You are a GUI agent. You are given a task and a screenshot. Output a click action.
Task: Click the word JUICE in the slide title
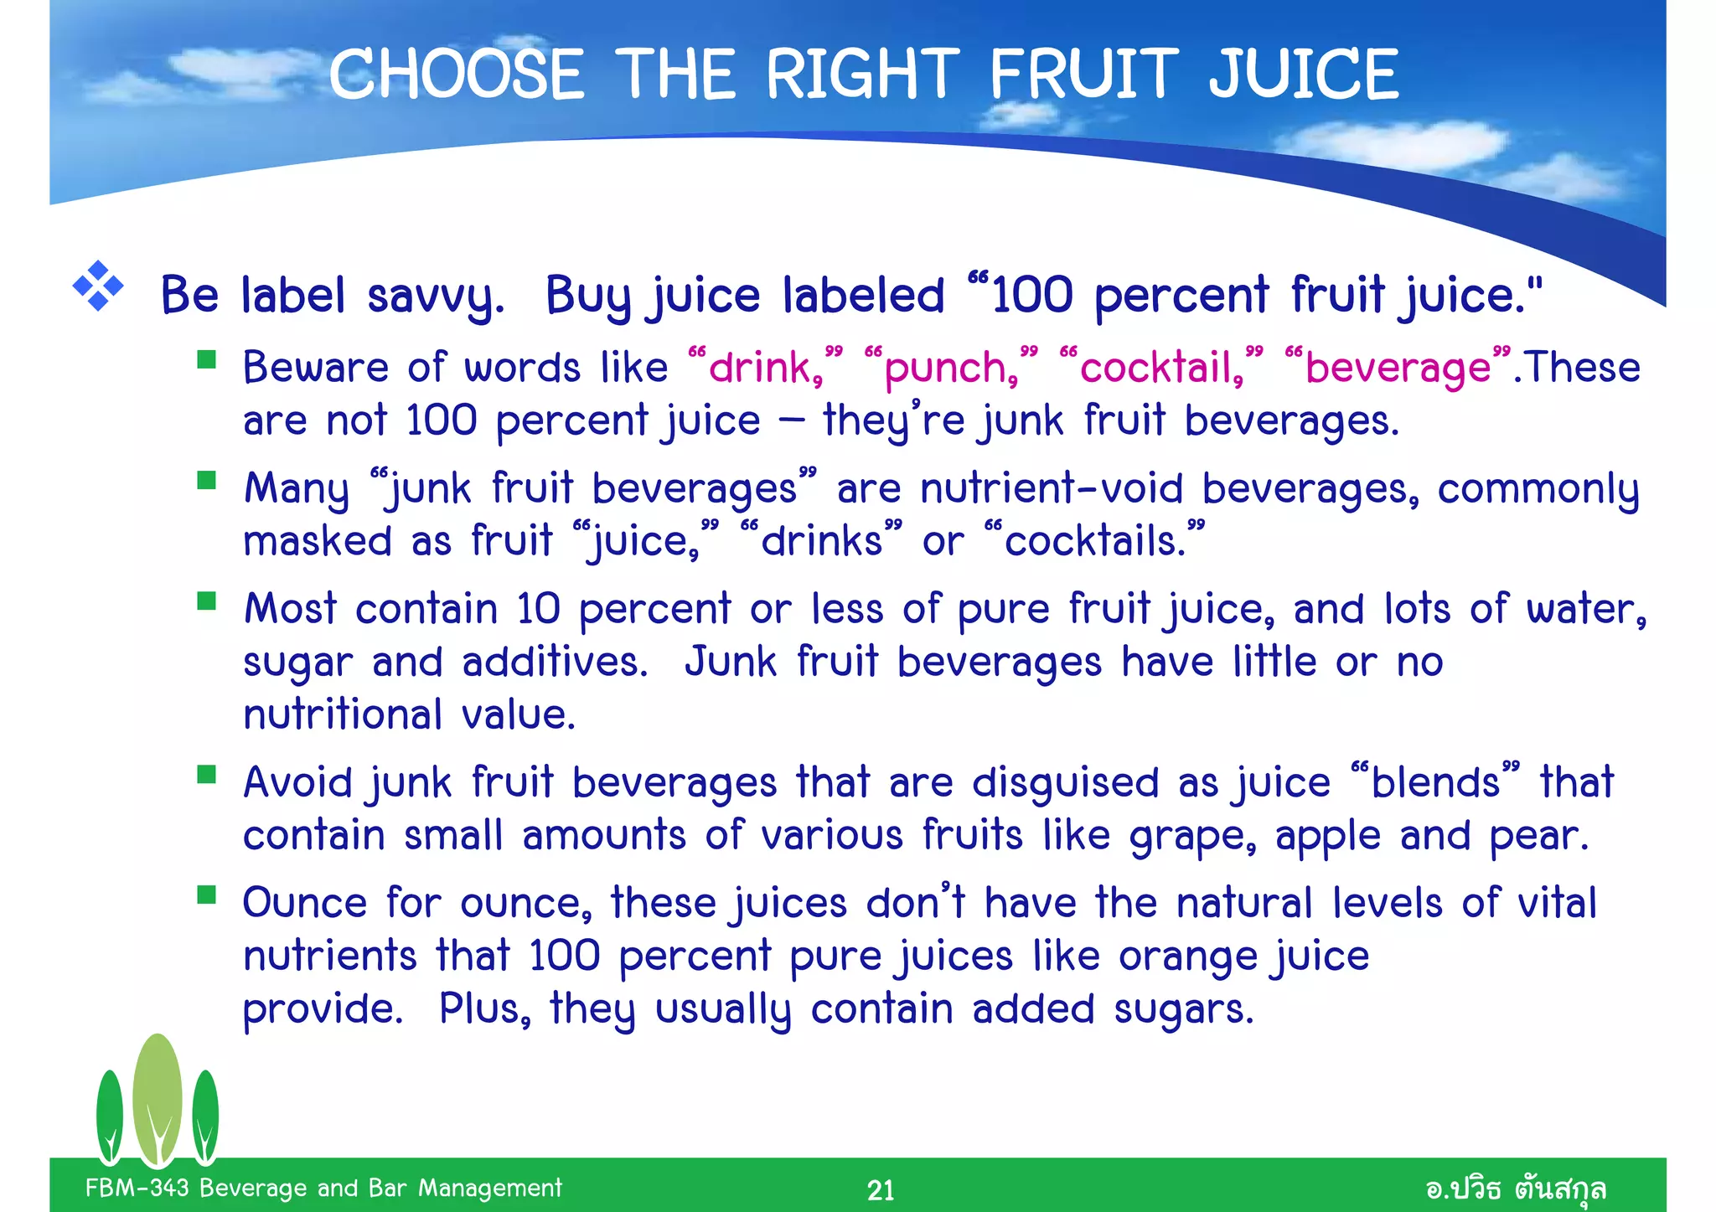point(1303,74)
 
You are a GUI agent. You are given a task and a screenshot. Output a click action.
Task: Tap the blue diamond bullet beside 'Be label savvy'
point(98,286)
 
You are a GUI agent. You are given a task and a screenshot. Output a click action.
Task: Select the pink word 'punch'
point(945,368)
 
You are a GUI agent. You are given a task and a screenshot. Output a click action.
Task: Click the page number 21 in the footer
point(881,1189)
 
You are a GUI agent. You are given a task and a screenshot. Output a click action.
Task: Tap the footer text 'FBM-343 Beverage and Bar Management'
point(323,1188)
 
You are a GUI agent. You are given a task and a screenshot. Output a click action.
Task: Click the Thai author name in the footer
point(1515,1189)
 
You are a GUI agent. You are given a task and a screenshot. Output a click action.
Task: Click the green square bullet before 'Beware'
point(206,360)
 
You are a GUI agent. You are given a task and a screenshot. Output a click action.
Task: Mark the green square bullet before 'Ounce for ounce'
point(206,895)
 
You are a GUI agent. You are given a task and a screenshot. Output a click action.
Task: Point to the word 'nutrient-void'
point(1052,488)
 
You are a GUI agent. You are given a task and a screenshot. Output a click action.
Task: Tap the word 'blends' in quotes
point(1435,782)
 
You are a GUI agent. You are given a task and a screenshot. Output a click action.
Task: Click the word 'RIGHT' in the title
point(862,74)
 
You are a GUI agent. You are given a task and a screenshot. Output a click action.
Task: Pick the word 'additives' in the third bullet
point(554,663)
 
